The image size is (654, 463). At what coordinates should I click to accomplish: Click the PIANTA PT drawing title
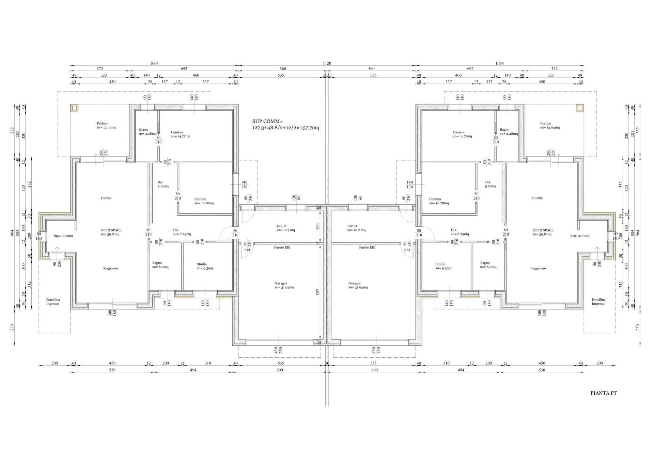[603, 393]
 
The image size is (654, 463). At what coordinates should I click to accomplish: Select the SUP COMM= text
[267, 121]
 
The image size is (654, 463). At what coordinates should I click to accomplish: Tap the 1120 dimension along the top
[327, 63]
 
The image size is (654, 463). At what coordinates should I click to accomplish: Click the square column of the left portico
[74, 108]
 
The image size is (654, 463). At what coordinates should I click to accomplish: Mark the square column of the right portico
[580, 108]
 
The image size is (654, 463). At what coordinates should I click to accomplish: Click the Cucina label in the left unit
[106, 198]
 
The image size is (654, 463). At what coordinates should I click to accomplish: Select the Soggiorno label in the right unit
[538, 268]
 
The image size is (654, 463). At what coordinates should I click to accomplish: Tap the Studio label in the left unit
[202, 264]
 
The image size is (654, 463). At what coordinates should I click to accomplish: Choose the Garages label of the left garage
[281, 283]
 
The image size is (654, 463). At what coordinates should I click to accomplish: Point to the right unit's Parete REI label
[367, 248]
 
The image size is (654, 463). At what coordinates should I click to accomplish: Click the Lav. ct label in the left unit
[281, 226]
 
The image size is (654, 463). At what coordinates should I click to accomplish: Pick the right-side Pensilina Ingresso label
[598, 302]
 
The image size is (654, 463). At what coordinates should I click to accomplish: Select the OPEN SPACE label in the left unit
[111, 230]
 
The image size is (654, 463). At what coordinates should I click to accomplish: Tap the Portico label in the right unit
[545, 123]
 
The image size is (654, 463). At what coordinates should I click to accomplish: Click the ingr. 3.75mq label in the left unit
[63, 236]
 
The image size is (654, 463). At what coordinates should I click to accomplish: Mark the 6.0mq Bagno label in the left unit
[160, 265]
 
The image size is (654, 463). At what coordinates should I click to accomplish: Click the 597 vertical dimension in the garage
[317, 292]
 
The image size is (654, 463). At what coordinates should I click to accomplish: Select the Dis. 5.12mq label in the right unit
[490, 184]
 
